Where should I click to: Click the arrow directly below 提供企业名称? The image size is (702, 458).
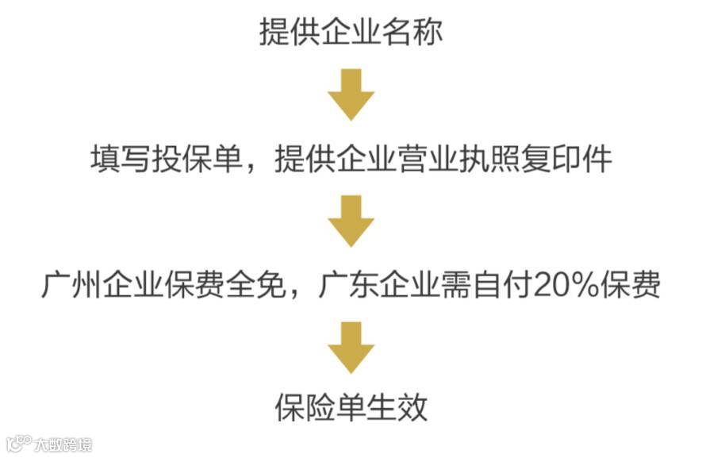(351, 94)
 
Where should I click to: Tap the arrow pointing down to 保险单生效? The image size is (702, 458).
(351, 347)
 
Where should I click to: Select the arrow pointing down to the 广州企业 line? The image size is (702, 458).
(351, 221)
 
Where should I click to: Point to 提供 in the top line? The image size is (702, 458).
(290, 33)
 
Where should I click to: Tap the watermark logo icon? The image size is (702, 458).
(17, 442)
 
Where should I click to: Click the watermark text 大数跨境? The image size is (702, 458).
(63, 444)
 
